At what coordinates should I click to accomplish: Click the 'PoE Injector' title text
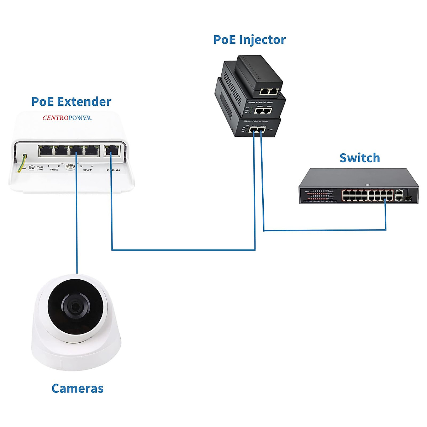pyautogui.click(x=249, y=39)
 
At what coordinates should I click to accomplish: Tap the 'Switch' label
pyautogui.click(x=359, y=158)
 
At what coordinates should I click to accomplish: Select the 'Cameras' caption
pyautogui.click(x=77, y=388)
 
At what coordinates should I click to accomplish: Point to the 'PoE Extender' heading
pyautogui.click(x=71, y=101)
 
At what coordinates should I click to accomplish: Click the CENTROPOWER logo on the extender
pyautogui.click(x=67, y=118)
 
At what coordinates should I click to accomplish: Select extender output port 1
pyautogui.click(x=46, y=151)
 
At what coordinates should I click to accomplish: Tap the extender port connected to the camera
pyautogui.click(x=77, y=151)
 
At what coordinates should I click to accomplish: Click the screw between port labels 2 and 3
pyautogui.click(x=69, y=167)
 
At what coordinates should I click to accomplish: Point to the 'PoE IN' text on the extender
pyautogui.click(x=113, y=170)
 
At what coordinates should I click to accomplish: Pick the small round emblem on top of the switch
pyautogui.click(x=367, y=185)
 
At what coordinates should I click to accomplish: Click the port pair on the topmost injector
pyautogui.click(x=269, y=91)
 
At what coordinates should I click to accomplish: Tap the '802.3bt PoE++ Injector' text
pyautogui.click(x=255, y=121)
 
